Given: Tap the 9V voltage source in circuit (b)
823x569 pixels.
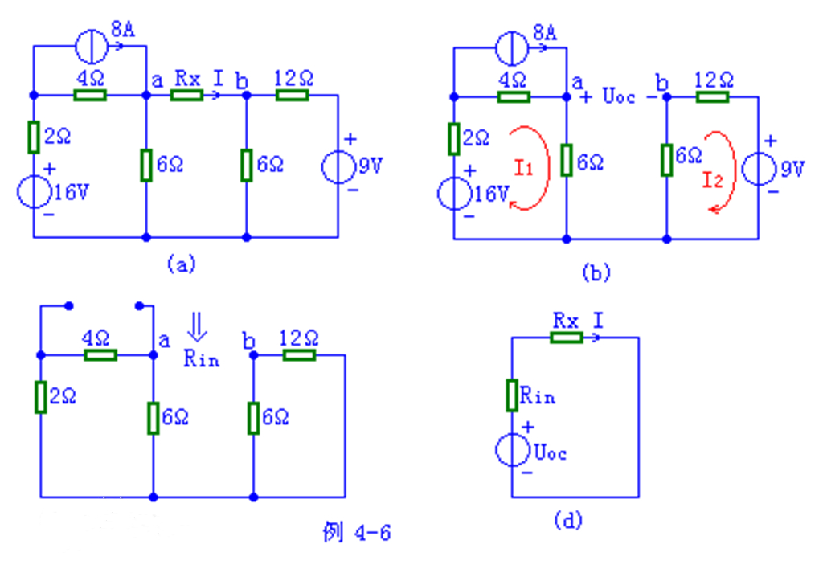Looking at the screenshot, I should coord(758,170).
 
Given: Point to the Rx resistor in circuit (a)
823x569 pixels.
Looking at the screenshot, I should coord(187,96).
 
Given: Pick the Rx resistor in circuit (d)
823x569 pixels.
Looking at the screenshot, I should coord(566,338).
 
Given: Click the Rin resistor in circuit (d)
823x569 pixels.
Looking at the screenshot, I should coord(512,395).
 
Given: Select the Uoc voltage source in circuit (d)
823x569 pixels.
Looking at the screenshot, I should coord(512,451).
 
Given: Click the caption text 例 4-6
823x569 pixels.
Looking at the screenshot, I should coord(356,533).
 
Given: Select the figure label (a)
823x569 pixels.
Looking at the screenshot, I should coord(179,264).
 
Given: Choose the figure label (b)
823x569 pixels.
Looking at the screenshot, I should coord(596,273).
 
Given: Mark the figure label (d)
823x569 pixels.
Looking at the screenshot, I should coord(567,521).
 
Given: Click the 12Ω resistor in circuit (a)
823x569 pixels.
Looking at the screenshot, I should coord(292,96).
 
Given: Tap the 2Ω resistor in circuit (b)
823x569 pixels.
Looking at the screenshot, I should coord(454,138).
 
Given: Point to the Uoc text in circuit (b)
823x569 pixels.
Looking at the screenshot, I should coord(616,98).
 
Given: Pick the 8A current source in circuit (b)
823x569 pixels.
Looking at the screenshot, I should coord(514,47).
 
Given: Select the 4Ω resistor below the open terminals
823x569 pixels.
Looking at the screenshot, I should coord(101,354).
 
